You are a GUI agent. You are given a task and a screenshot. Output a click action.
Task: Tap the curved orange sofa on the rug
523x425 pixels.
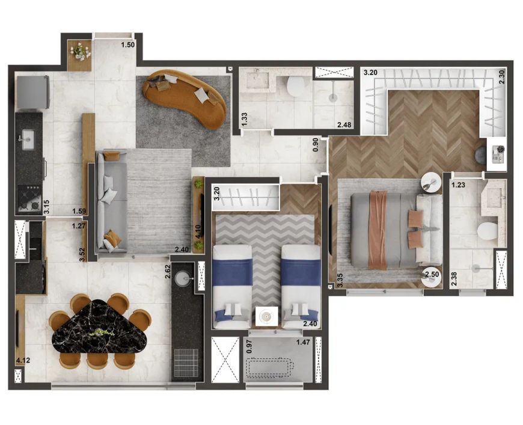pyautogui.click(x=185, y=97)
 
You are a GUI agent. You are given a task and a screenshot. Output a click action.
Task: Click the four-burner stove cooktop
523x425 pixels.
pyautogui.click(x=29, y=198)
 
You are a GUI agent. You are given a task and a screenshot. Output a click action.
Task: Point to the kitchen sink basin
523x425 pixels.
pyautogui.click(x=26, y=138)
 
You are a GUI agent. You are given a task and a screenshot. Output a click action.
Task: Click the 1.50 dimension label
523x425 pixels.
pyautogui.click(x=128, y=45)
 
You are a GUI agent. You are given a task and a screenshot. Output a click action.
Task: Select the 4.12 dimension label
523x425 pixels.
pyautogui.click(x=23, y=360)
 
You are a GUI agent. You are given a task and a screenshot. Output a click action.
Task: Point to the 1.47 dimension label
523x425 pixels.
pyautogui.click(x=303, y=342)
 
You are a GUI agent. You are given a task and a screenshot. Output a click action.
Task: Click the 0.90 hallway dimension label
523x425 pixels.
pyautogui.click(x=316, y=144)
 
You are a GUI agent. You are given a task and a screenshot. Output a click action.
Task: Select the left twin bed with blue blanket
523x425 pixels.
pyautogui.click(x=232, y=287)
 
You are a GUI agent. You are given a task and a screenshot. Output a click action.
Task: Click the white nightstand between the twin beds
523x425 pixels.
pyautogui.click(x=266, y=317)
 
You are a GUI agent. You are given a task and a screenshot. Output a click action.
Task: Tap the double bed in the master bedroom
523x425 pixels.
pyautogui.click(x=396, y=230)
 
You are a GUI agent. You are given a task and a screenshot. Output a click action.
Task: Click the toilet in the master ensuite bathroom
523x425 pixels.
pyautogui.click(x=488, y=231)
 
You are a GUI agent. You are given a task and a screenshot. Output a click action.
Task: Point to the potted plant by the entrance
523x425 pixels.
pyautogui.click(x=80, y=51)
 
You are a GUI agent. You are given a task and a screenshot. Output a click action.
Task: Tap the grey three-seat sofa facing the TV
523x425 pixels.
pyautogui.click(x=112, y=202)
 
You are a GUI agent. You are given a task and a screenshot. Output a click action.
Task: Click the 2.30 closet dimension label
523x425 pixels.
pyautogui.click(x=503, y=76)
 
